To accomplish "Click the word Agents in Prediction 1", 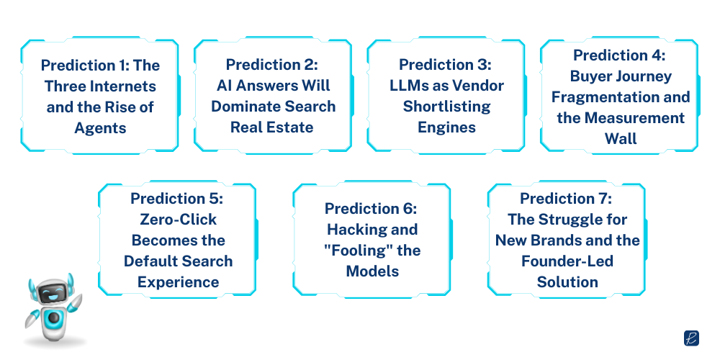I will tap(100, 127).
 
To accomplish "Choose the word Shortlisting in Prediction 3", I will tap(446, 107).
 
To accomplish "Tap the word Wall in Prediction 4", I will tap(621, 138).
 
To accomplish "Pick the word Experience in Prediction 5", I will tap(177, 282).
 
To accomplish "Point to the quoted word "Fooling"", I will tap(385, 251).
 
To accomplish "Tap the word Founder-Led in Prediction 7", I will tap(567, 261).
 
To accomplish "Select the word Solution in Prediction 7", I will tap(567, 282).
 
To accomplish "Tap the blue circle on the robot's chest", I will tap(53, 318).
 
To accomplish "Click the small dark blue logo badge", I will tap(691, 338).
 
